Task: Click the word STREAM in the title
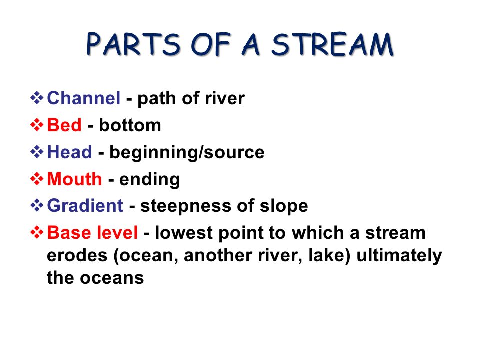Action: coord(332,44)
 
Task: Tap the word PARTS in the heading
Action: coord(133,44)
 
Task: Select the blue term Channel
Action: coord(84,98)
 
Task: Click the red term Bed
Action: coord(64,125)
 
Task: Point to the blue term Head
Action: coord(70,152)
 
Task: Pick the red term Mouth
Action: coord(74,179)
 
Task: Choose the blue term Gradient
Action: coord(85,205)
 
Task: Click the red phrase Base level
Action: coord(92,232)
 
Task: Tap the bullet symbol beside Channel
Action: coord(37,98)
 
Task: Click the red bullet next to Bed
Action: coord(37,125)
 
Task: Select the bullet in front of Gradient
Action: coord(37,205)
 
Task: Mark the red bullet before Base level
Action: coord(37,232)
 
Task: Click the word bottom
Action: coord(130,125)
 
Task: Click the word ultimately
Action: coord(399,256)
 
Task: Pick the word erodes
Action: coord(77,255)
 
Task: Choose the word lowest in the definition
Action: coord(183,233)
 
